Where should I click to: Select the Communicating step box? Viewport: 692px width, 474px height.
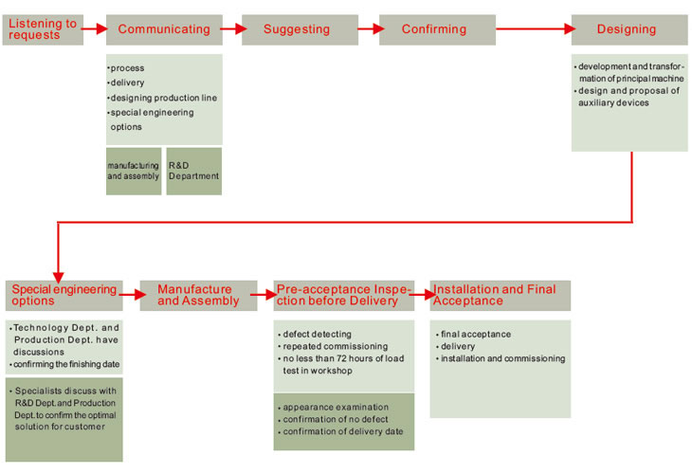coord(164,29)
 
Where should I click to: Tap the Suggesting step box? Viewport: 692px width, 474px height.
coord(298,29)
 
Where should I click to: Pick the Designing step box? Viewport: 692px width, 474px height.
coord(628,29)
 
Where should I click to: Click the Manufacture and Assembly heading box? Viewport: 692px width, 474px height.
coord(198,295)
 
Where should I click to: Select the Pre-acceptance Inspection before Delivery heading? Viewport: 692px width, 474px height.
coord(344,295)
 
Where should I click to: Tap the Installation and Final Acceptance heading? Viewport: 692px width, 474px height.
coord(500,295)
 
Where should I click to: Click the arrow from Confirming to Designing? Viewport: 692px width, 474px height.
coord(533,29)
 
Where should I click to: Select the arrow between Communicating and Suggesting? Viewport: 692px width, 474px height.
coord(231,29)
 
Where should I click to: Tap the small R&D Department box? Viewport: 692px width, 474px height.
coord(193,171)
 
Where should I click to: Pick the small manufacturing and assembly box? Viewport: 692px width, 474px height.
coord(134,171)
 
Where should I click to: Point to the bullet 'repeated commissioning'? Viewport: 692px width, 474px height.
coord(322,347)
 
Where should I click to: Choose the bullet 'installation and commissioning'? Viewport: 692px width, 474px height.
coord(503,358)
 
